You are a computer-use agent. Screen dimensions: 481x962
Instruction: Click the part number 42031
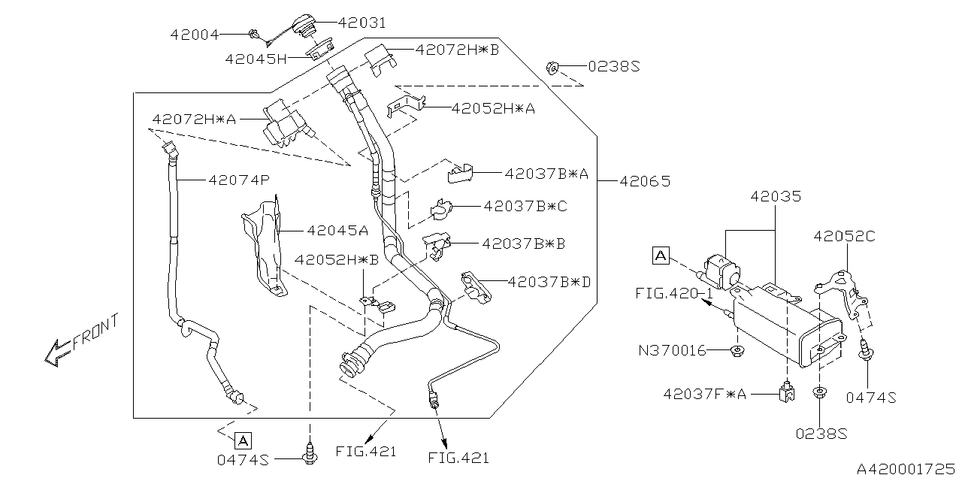(358, 23)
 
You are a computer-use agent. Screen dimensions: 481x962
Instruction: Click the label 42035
(776, 197)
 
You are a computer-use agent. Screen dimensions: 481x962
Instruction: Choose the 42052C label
(844, 236)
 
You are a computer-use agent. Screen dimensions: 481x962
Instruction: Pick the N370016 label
(672, 350)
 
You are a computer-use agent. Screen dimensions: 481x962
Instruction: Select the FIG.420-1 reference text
(673, 292)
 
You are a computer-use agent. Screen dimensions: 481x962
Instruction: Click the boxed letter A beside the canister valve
(661, 256)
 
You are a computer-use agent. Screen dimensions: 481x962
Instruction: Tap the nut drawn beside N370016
(738, 350)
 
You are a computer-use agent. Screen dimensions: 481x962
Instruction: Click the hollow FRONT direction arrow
(58, 352)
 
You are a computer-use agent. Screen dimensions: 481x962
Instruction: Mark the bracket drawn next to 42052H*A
(404, 107)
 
